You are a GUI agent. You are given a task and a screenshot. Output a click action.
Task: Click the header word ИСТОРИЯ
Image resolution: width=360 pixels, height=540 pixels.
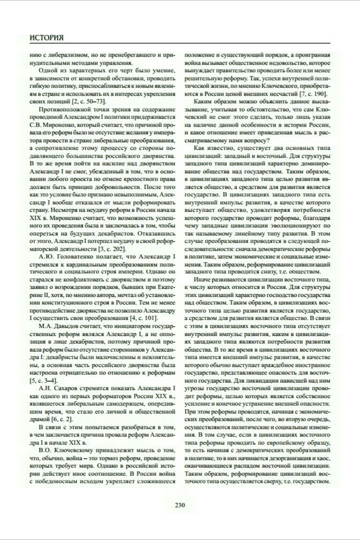[x=47, y=38]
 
